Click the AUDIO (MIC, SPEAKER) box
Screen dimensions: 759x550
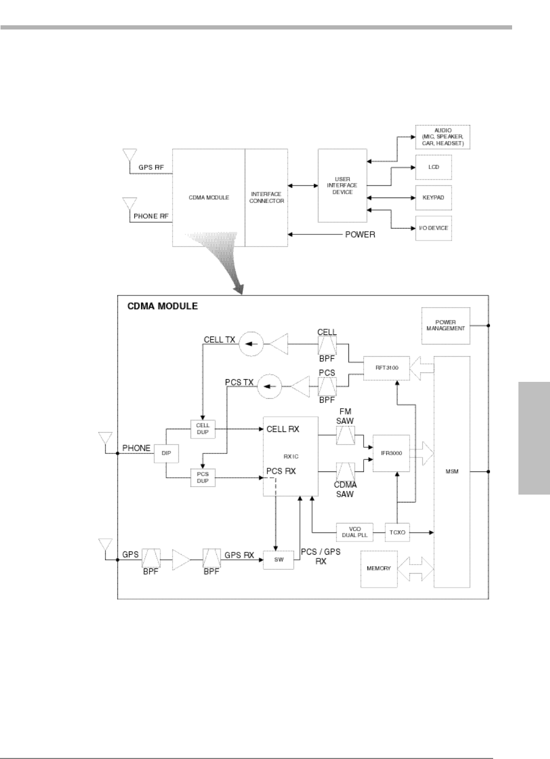(442, 137)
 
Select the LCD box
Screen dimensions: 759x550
(433, 167)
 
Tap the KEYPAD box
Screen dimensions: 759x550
(433, 198)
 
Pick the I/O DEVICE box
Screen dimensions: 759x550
(433, 228)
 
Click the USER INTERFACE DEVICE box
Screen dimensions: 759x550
(342, 186)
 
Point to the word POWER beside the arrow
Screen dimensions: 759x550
(360, 234)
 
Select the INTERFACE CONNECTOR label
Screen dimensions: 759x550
(266, 198)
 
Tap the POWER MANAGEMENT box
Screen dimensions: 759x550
(446, 325)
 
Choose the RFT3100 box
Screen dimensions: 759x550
(386, 367)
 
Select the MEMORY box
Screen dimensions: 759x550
(378, 569)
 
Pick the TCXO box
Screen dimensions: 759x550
(398, 533)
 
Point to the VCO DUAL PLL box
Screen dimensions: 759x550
(355, 533)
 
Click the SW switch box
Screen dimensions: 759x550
(279, 559)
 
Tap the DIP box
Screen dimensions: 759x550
(166, 452)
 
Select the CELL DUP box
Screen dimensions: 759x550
(203, 428)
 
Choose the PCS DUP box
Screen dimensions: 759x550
(203, 477)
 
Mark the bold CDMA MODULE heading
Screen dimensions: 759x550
(163, 306)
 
